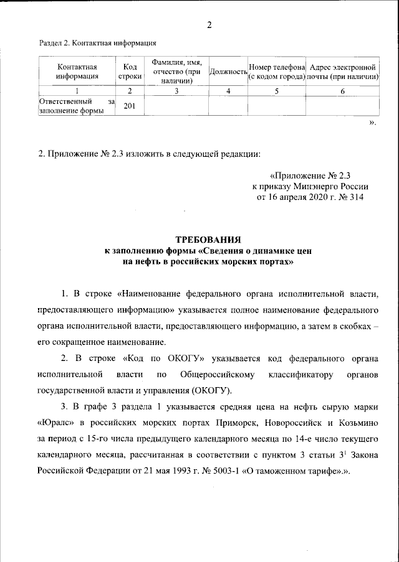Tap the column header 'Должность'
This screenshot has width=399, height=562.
[x=228, y=72]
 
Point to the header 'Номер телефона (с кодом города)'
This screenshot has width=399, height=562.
[x=276, y=72]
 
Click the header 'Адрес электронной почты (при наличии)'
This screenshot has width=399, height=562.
[x=342, y=72]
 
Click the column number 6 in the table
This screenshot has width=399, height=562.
[x=342, y=91]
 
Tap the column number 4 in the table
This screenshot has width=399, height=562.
[x=228, y=91]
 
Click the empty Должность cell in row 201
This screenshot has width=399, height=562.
[x=228, y=106]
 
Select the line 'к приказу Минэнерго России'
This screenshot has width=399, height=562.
[x=310, y=186]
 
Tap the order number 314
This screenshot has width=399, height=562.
[x=353, y=197]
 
